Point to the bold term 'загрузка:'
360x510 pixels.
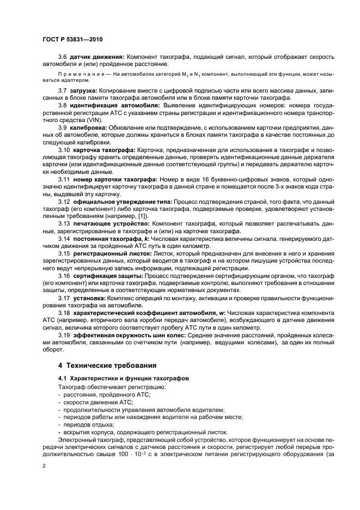point(83,89)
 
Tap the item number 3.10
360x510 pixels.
point(64,149)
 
